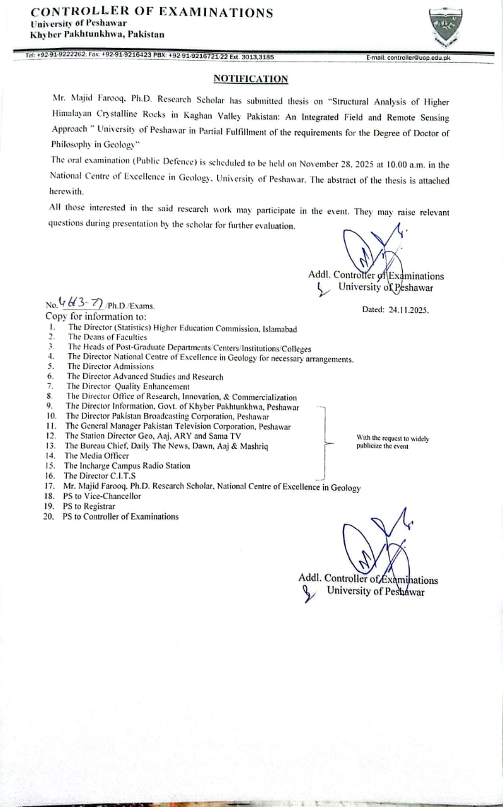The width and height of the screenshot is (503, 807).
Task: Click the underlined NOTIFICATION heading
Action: [x=250, y=79]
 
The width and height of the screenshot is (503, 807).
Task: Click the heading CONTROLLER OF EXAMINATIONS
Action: [x=152, y=13]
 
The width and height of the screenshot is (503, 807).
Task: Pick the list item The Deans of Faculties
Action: [x=107, y=337]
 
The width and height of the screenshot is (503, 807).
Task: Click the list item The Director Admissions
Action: [x=110, y=366]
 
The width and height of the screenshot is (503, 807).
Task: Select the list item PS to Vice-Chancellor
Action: [x=103, y=496]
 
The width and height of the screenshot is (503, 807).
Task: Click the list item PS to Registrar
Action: [x=89, y=506]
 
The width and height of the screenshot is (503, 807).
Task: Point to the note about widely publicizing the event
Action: [x=393, y=442]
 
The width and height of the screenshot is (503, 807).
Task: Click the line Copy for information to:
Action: [x=96, y=316]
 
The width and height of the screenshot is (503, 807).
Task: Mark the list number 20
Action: [x=49, y=516]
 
